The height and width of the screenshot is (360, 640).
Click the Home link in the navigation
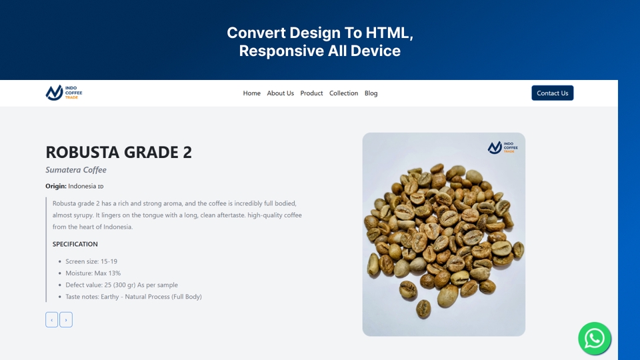251,93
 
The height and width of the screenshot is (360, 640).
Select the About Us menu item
280,93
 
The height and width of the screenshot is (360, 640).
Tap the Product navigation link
311,93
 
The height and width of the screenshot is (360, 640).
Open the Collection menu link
343,93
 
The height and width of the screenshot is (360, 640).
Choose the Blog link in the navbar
371,93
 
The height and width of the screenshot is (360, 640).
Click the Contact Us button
552,93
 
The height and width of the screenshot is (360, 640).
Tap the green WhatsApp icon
594,339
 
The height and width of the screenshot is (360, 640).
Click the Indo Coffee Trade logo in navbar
64,93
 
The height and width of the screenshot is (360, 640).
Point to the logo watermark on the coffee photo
501,147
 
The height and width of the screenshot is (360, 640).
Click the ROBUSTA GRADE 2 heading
119,152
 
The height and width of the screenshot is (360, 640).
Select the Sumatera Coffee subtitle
76,170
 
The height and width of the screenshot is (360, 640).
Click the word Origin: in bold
56,186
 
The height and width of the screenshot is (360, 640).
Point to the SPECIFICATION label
75,244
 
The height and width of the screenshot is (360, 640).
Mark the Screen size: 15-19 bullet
91,261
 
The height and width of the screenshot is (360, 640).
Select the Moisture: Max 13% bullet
93,273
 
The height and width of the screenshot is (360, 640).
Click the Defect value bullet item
121,285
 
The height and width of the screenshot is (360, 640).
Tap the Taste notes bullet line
133,297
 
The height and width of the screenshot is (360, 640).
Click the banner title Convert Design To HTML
320,33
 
